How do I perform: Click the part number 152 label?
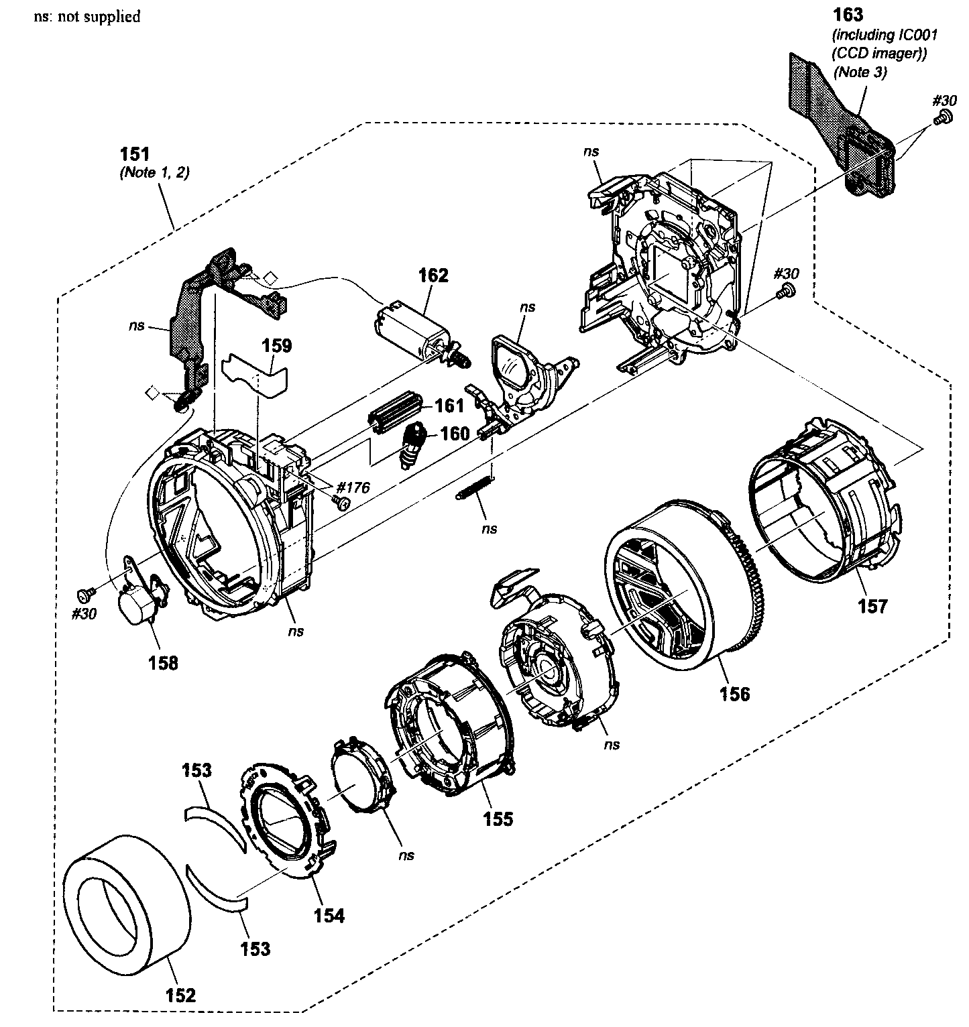click(x=180, y=995)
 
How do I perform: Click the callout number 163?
click(x=848, y=14)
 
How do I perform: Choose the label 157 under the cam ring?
click(x=872, y=606)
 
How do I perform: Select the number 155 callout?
click(x=498, y=818)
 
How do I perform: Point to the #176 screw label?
click(x=353, y=487)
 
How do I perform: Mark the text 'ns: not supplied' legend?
click(x=87, y=16)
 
